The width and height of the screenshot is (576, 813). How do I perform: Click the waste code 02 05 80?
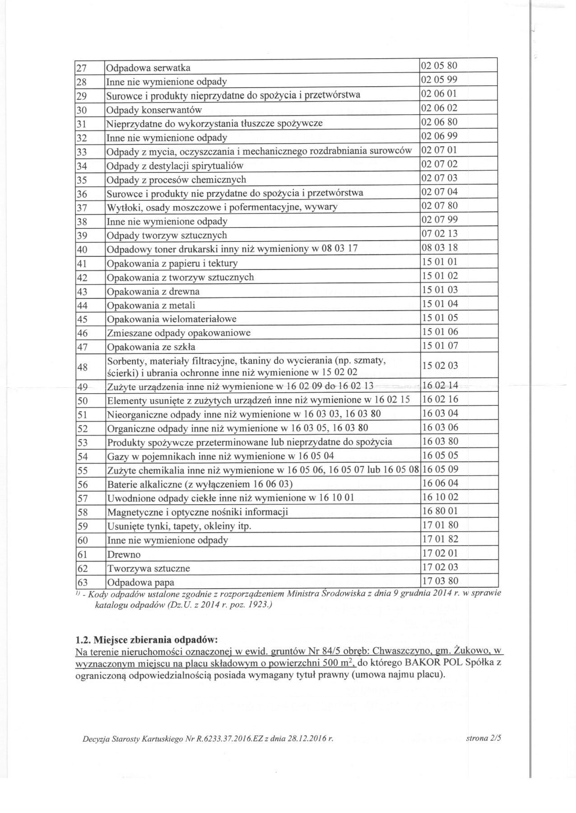(x=439, y=66)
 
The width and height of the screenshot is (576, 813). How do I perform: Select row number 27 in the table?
(x=81, y=68)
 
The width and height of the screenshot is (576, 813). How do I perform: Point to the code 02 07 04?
(x=439, y=192)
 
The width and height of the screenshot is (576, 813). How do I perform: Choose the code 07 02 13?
(x=439, y=234)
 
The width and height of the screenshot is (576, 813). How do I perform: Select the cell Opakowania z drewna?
(x=153, y=292)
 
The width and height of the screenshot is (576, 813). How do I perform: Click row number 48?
(x=83, y=367)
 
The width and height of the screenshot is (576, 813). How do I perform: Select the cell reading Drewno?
(x=124, y=554)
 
